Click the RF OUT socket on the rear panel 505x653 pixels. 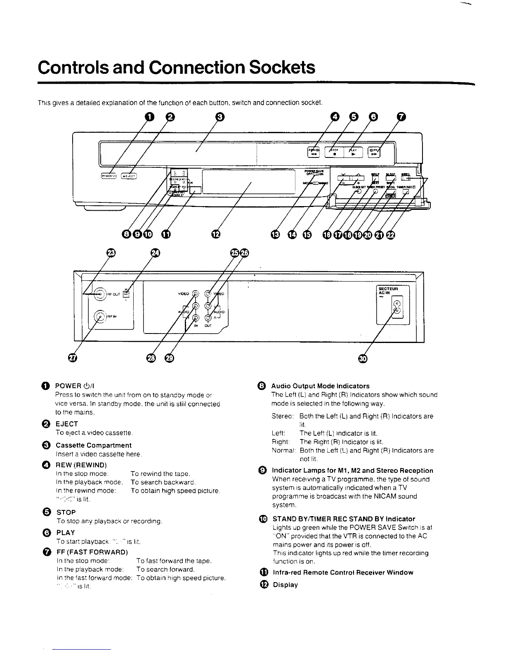[x=100, y=294]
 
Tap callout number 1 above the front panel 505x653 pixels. [x=150, y=117]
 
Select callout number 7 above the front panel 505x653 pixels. [x=401, y=117]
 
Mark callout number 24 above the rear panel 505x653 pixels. [x=154, y=253]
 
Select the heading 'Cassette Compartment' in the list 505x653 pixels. [x=93, y=445]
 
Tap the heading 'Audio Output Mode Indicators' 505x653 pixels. [x=320, y=386]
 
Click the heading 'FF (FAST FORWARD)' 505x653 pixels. [x=92, y=552]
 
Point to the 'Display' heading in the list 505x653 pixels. [x=285, y=585]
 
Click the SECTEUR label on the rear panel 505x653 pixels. [x=388, y=289]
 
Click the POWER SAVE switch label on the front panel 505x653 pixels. [x=314, y=171]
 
